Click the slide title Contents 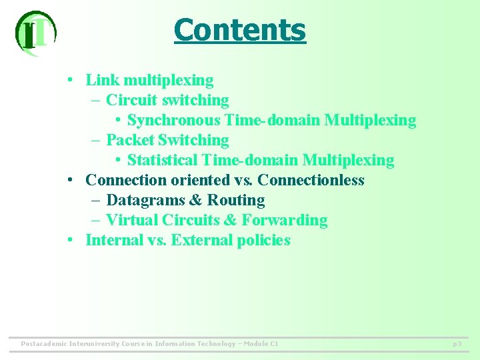tap(239, 30)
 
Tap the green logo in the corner tap(35, 33)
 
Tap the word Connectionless tap(311, 180)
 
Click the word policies tap(263, 240)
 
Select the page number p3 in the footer tap(457, 344)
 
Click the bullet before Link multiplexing tap(70, 81)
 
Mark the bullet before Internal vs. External tap(70, 240)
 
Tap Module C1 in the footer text tap(261, 344)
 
